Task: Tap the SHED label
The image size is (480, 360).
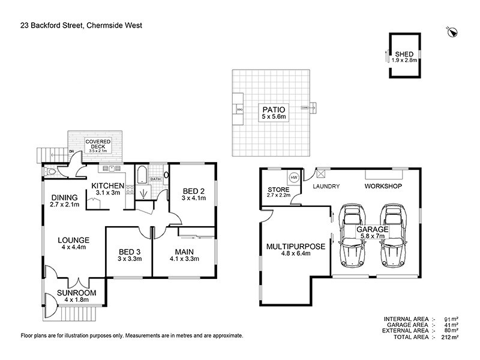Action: pos(404,54)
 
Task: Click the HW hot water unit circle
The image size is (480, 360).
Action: pos(294,178)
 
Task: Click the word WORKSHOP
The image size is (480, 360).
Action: pos(383,187)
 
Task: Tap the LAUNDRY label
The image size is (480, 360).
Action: pos(326,187)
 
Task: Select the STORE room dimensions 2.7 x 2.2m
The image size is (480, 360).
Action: pos(278,196)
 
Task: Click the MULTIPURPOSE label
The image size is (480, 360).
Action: pos(296,247)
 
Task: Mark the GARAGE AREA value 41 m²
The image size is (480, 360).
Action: pos(451,325)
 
